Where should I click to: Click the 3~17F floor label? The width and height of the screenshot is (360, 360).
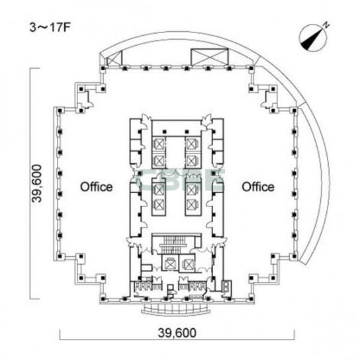click(50, 27)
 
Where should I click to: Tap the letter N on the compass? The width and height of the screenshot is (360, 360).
click(326, 25)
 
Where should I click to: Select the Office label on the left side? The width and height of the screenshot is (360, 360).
click(97, 187)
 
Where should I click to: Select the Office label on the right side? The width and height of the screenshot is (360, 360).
click(258, 187)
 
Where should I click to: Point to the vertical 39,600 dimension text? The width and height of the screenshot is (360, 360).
click(37, 183)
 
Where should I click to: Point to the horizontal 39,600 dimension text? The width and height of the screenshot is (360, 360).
click(177, 333)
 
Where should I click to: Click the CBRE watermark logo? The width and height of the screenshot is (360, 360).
click(180, 180)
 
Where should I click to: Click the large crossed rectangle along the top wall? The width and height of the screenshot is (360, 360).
click(210, 57)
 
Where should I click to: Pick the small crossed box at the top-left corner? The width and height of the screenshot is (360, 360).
click(114, 58)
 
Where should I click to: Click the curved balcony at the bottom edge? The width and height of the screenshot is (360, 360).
click(175, 310)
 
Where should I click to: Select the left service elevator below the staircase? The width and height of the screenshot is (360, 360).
click(170, 263)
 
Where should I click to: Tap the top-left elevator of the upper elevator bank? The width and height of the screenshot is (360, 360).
click(159, 144)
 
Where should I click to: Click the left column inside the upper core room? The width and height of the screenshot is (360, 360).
click(165, 132)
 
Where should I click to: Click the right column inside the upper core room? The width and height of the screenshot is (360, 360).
click(187, 132)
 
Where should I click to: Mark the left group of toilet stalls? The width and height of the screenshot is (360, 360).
click(143, 286)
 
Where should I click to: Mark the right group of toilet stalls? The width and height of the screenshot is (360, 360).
click(197, 286)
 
